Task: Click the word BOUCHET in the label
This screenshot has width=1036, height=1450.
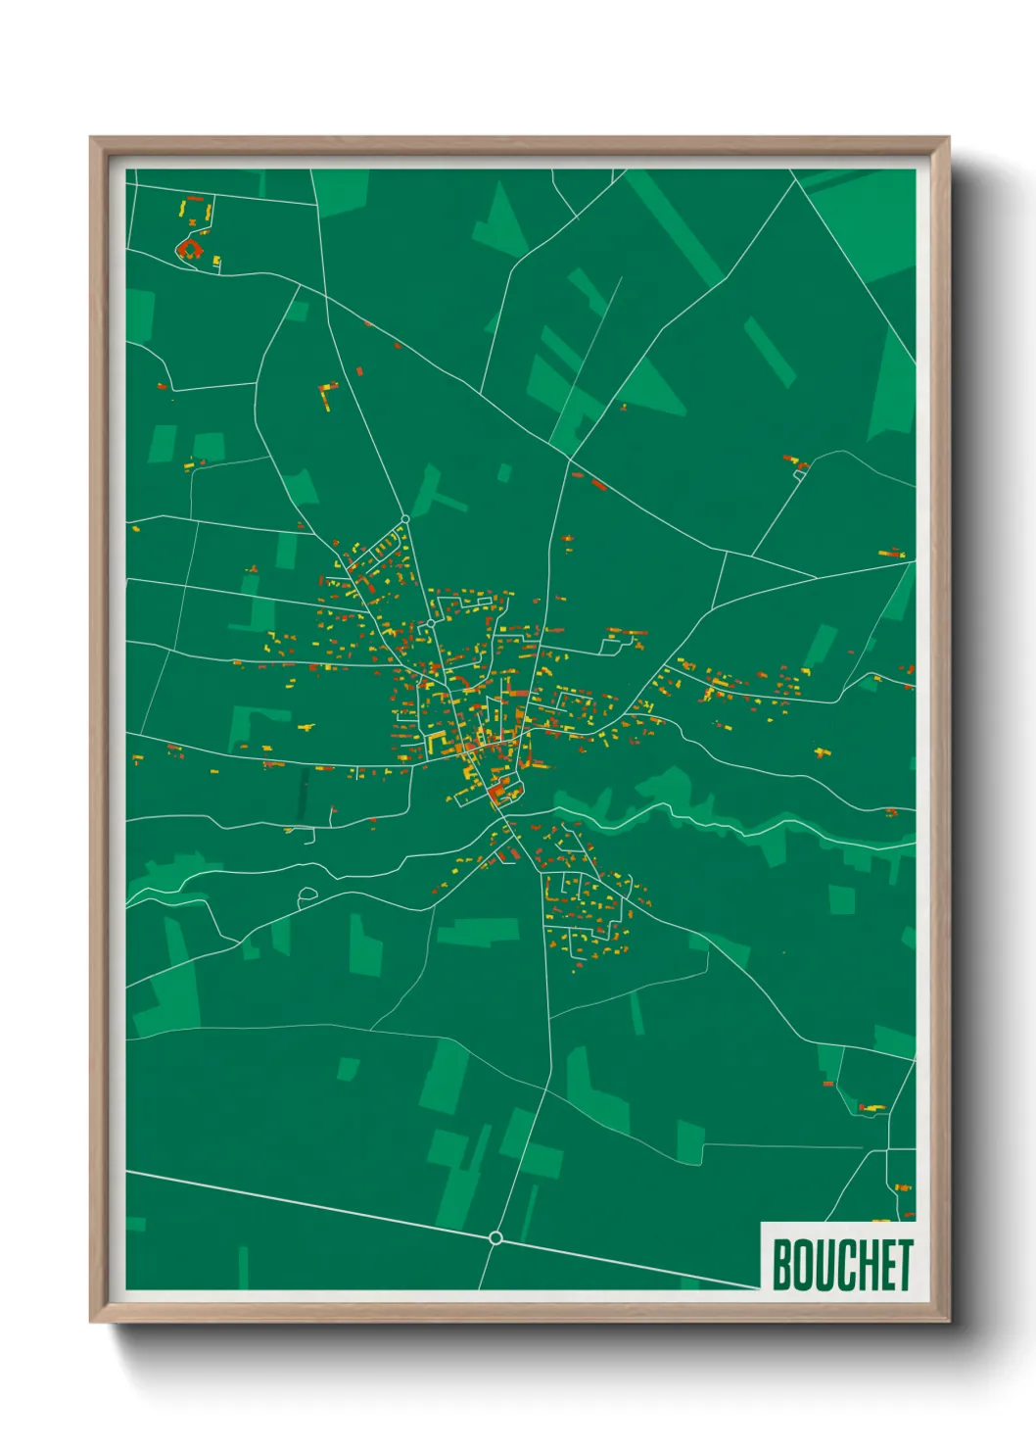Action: [842, 1265]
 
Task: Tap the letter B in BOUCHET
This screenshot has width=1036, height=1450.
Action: [783, 1265]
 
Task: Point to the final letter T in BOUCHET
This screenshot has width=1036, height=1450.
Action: [905, 1265]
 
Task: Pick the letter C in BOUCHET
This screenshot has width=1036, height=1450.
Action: [843, 1265]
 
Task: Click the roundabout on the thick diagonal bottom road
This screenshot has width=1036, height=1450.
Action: [495, 1238]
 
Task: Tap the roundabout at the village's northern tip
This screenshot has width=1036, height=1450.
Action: [404, 518]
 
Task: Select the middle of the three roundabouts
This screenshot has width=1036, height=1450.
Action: [430, 623]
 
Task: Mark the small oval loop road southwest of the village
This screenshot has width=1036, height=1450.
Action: [307, 894]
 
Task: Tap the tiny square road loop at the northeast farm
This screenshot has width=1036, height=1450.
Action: [800, 471]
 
